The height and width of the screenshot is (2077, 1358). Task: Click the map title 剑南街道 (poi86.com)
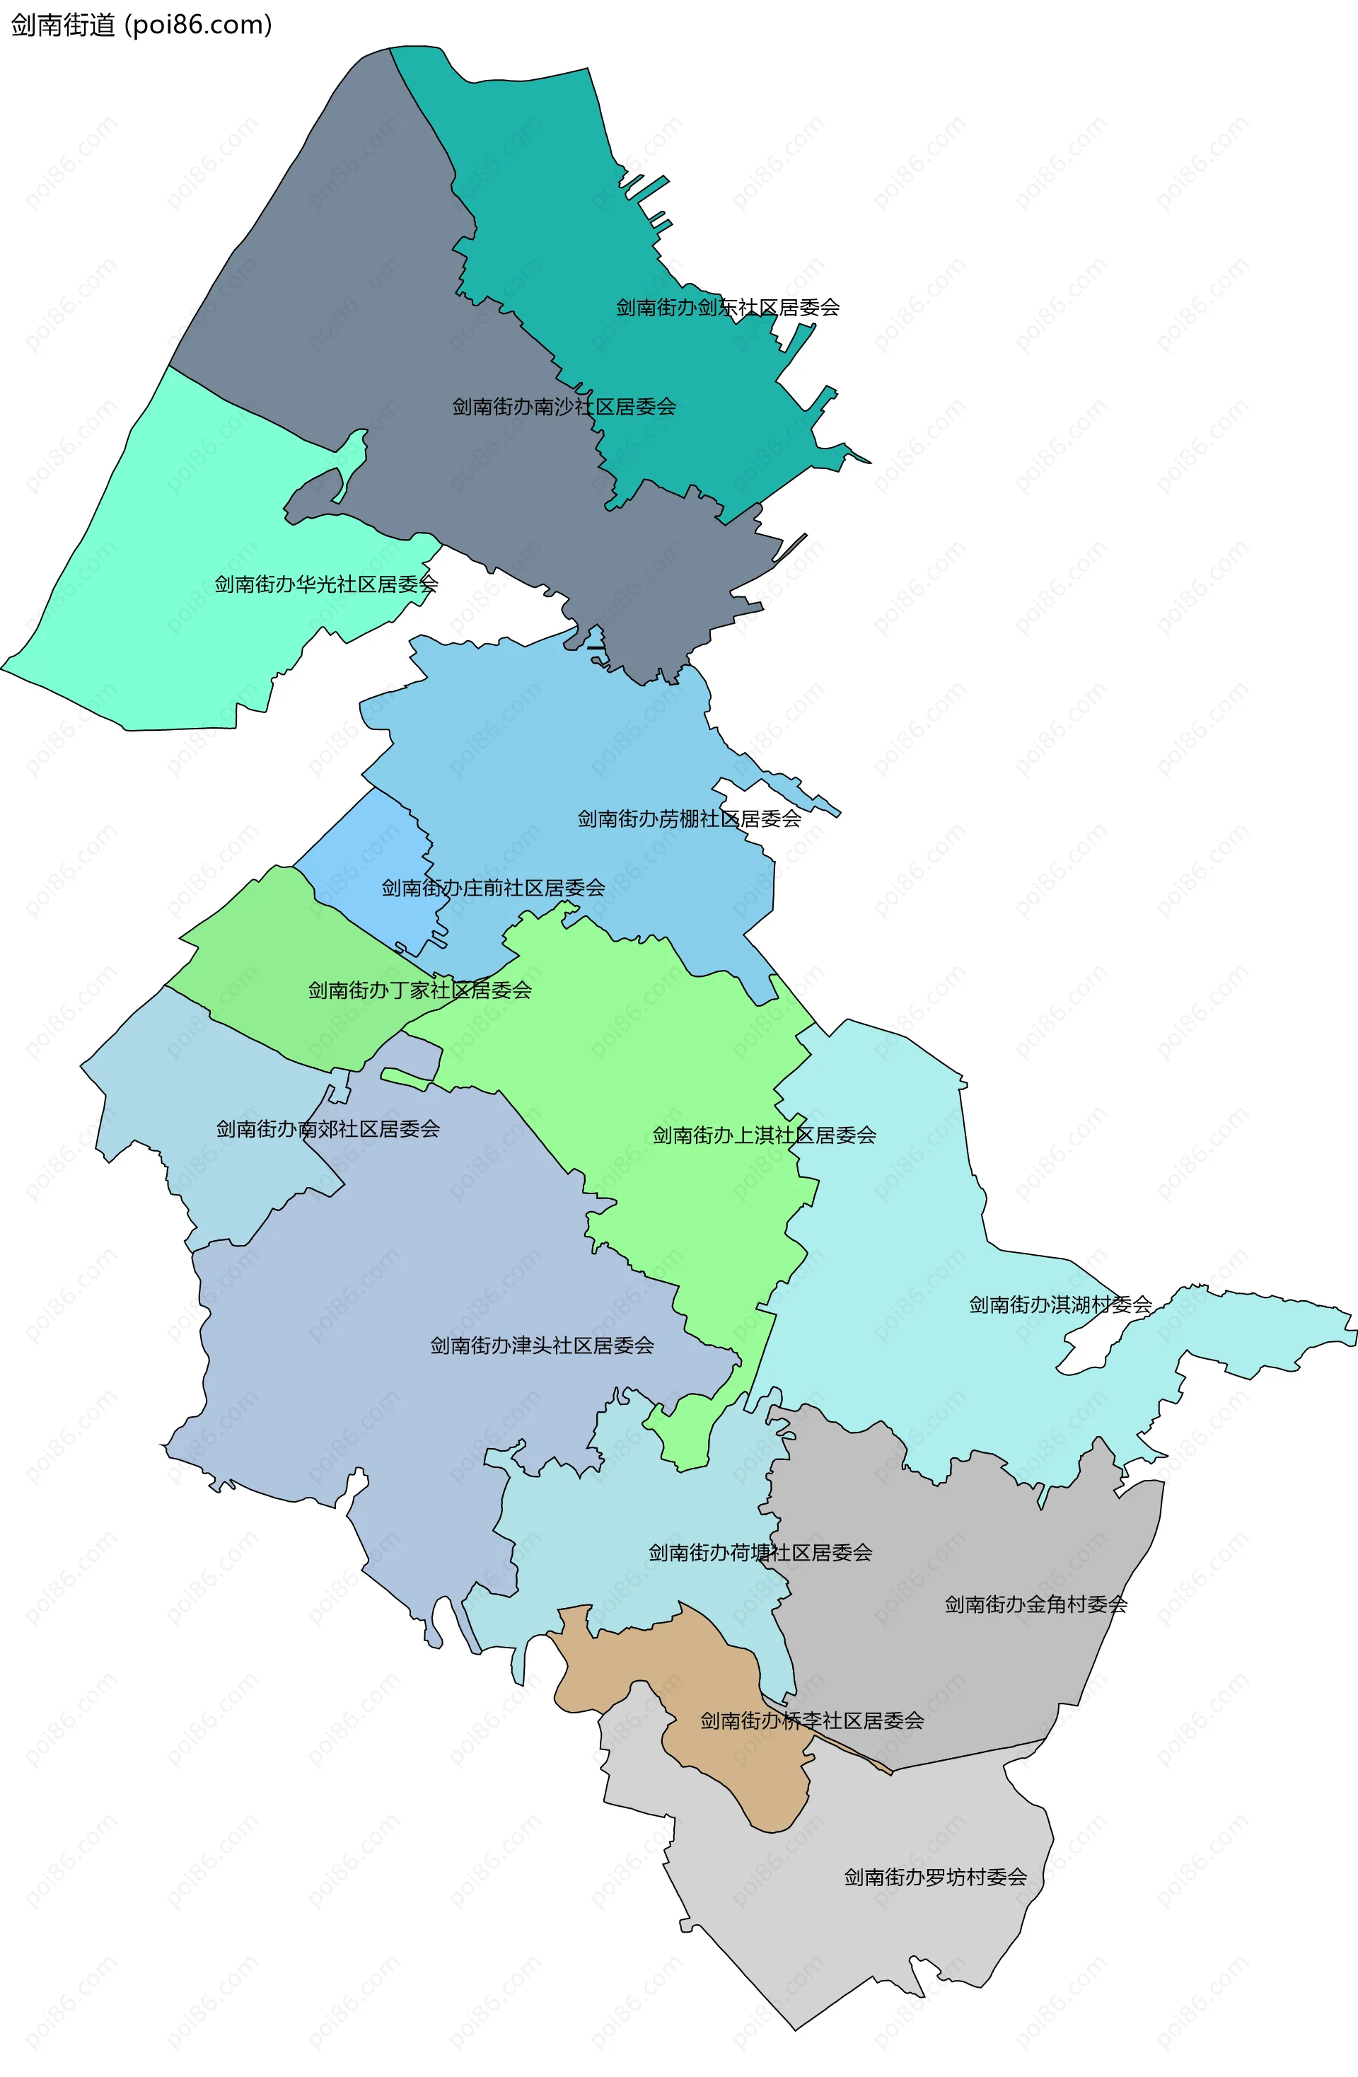141,25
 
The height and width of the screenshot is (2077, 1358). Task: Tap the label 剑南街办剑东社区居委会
727,307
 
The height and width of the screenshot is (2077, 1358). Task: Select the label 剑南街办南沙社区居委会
564,407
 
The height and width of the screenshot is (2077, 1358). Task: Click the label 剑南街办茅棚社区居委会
689,818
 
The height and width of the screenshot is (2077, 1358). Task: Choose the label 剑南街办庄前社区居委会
493,889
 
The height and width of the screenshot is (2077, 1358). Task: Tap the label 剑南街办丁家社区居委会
420,990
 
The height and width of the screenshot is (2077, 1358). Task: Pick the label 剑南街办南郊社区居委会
327,1129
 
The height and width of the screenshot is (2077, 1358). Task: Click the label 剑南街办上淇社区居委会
764,1135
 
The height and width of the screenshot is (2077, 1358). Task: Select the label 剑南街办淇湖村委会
1060,1304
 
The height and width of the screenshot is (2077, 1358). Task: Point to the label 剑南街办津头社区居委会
542,1346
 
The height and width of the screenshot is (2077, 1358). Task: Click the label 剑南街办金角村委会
1036,1604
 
